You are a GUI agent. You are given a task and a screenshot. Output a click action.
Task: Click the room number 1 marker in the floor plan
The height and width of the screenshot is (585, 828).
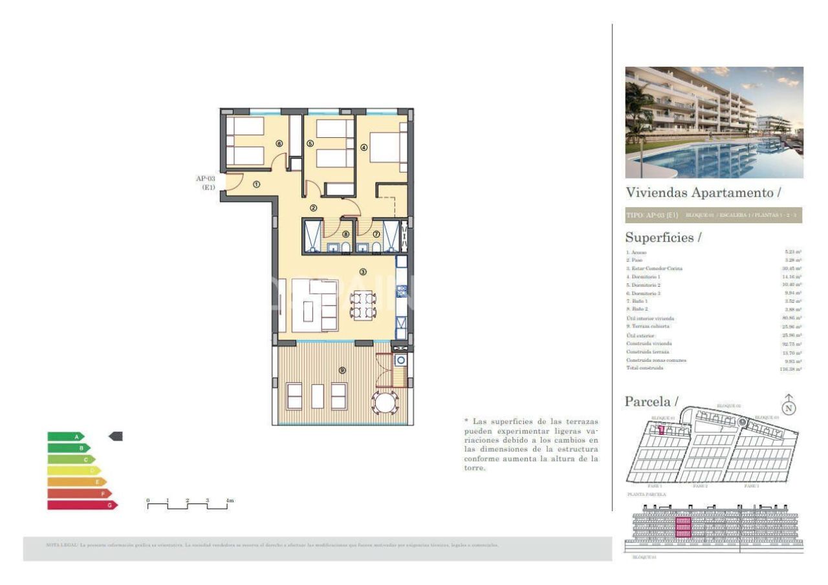256,184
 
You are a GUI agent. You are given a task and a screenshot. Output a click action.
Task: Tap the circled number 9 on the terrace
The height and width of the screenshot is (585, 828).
342,370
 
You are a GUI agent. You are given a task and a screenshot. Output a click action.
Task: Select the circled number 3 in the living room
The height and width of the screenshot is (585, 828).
363,272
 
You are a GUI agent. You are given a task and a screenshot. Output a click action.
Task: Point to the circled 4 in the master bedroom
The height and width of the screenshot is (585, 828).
364,147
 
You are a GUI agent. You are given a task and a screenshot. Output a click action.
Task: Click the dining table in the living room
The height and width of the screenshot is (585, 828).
362,305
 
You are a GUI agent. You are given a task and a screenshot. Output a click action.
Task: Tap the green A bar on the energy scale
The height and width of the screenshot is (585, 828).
65,437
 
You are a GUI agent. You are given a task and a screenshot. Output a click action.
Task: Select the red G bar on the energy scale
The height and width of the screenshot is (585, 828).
82,505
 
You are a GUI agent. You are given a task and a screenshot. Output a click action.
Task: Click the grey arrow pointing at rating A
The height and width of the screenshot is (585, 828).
116,437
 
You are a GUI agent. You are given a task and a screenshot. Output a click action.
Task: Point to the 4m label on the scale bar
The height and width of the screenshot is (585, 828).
229,500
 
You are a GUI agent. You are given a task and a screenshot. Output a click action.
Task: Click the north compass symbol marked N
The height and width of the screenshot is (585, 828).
789,407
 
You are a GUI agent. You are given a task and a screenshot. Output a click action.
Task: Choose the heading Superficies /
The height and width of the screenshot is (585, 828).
663,237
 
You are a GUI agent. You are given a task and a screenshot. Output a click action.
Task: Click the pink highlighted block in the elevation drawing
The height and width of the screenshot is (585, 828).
683,527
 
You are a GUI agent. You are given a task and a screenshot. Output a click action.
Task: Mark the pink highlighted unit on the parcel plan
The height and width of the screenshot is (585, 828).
661,430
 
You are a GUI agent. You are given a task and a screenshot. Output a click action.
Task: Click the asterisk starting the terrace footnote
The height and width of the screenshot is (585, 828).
466,421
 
